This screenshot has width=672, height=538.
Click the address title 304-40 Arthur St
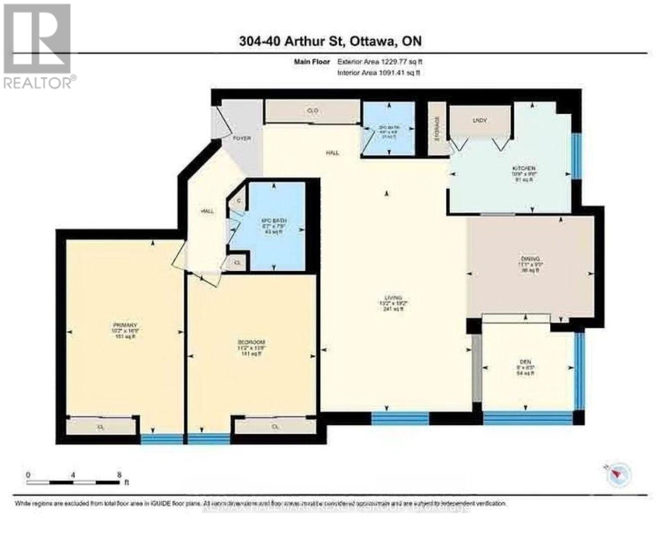[330, 41]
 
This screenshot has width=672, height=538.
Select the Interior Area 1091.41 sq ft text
[378, 73]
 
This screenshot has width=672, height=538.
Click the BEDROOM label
[250, 342]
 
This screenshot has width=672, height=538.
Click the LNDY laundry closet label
[479, 121]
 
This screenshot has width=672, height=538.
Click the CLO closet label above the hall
[313, 111]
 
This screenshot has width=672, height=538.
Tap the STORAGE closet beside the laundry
[437, 129]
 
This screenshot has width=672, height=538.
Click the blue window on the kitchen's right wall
[576, 155]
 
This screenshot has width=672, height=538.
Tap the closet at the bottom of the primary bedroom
[102, 427]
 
